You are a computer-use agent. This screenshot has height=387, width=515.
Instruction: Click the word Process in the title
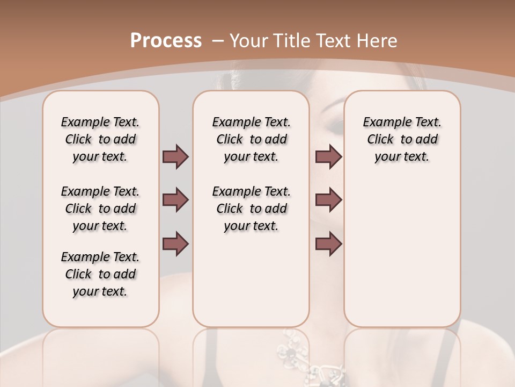[166, 41]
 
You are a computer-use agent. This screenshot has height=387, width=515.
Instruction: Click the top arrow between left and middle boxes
[175, 157]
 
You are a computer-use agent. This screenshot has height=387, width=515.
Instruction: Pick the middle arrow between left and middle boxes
[175, 200]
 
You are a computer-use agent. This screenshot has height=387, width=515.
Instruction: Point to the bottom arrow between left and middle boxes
[175, 243]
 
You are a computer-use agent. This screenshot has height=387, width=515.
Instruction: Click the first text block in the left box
[100, 139]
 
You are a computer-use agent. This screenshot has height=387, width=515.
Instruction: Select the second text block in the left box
[100, 209]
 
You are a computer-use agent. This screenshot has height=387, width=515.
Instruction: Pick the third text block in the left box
[100, 274]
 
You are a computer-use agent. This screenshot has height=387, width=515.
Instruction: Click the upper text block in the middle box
[251, 139]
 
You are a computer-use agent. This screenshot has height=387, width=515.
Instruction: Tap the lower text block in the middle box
[251, 209]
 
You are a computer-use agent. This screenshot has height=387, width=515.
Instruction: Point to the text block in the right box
[402, 139]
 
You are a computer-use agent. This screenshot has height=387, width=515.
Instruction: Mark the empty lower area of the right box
[402, 253]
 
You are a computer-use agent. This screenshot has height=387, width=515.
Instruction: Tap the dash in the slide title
[218, 41]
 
